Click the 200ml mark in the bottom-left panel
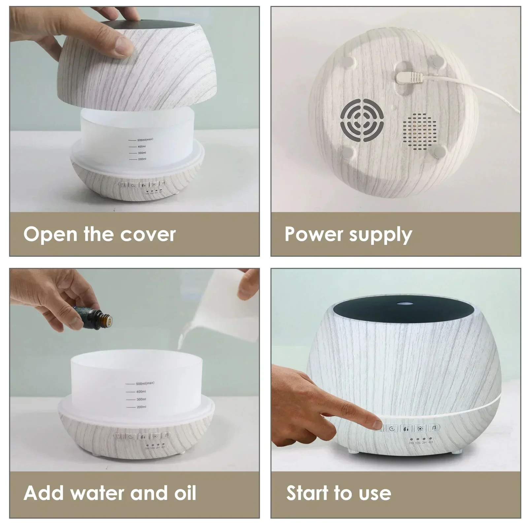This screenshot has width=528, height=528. tap(141, 407)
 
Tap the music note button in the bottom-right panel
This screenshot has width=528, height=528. tap(434, 428)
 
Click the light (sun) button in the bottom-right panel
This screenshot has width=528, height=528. tap(420, 429)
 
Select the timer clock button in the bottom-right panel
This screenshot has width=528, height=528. tap(392, 429)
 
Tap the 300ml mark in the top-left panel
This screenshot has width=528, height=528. tap(142, 153)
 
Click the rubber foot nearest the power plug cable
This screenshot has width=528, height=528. tap(437, 61)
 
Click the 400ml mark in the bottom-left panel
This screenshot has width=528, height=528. tap(141, 392)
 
